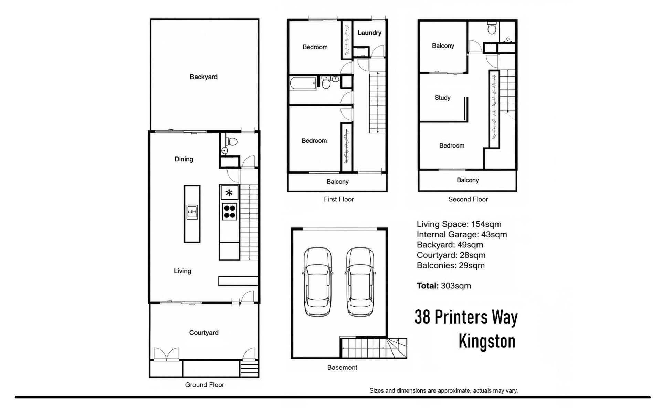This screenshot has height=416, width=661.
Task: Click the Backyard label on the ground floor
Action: (x=203, y=77)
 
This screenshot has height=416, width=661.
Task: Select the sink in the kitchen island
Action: (x=192, y=212)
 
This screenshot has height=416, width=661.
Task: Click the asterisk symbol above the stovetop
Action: (x=229, y=193)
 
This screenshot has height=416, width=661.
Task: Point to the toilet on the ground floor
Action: (x=231, y=141)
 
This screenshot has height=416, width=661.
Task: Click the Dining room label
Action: (x=184, y=159)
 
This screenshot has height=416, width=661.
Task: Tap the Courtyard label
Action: (x=204, y=333)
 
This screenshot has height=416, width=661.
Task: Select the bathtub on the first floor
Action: (x=303, y=83)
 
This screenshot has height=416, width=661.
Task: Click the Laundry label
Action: (x=369, y=33)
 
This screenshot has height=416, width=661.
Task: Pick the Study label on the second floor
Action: (x=442, y=98)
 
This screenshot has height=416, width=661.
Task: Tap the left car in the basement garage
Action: (x=318, y=282)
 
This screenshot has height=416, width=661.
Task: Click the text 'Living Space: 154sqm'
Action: (x=459, y=224)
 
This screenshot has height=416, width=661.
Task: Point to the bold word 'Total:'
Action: (x=428, y=286)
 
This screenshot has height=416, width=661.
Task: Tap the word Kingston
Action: (x=487, y=341)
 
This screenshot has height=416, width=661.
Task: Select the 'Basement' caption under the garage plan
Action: (x=342, y=368)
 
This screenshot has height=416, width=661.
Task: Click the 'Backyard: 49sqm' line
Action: (x=450, y=245)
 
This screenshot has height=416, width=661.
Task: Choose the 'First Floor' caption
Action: (x=339, y=199)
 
